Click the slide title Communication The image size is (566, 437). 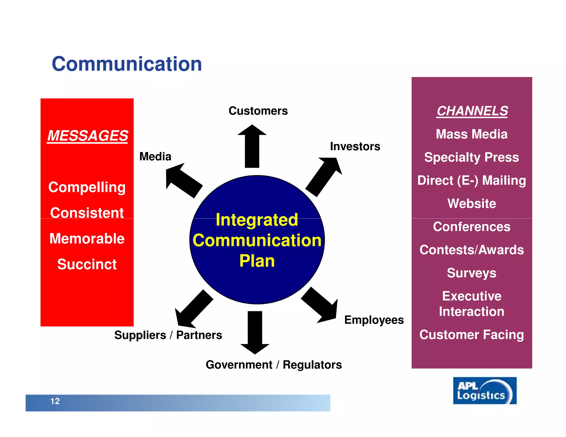pyautogui.click(x=127, y=64)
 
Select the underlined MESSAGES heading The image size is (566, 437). pyautogui.click(x=88, y=136)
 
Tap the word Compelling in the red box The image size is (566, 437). pyautogui.click(x=87, y=187)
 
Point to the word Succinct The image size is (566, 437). pyautogui.click(x=87, y=264)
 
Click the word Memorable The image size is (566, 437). pyautogui.click(x=87, y=238)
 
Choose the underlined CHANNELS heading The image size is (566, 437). pyautogui.click(x=472, y=111)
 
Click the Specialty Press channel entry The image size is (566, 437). pyautogui.click(x=471, y=157)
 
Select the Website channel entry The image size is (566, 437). pyautogui.click(x=471, y=204)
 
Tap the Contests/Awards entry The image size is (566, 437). pyautogui.click(x=471, y=250)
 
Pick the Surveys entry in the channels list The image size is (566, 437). pyautogui.click(x=471, y=273)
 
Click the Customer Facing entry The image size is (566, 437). pyautogui.click(x=471, y=335)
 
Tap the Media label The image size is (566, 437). pyautogui.click(x=155, y=156)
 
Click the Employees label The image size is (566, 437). pyautogui.click(x=374, y=320)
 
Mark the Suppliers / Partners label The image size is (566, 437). pyautogui.click(x=168, y=335)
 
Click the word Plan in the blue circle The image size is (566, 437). pyautogui.click(x=257, y=261)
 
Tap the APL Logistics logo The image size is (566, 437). pyautogui.click(x=484, y=391)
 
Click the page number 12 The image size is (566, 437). pyautogui.click(x=55, y=401)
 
